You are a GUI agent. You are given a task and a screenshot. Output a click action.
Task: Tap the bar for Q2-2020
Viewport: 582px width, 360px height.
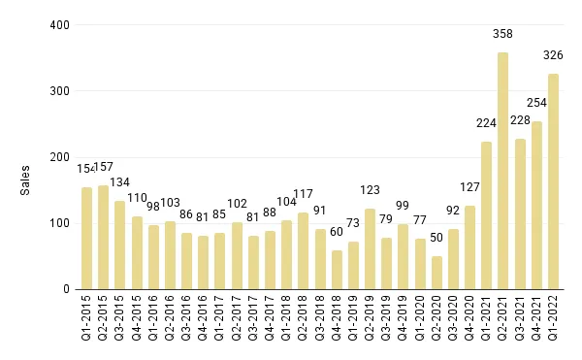[436, 273]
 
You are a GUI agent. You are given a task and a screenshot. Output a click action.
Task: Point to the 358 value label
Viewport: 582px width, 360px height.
[502, 34]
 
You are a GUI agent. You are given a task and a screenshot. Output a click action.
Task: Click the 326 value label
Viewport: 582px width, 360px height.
[553, 55]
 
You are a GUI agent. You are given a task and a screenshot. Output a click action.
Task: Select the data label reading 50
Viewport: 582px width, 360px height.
[436, 238]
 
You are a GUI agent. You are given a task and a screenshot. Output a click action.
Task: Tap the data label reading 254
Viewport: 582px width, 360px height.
[536, 103]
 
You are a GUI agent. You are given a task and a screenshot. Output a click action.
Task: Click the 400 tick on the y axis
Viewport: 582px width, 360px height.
[60, 24]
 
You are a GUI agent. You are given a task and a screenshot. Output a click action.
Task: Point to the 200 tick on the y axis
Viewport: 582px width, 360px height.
[60, 157]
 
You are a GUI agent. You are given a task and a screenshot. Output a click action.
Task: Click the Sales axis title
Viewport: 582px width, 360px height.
[26, 180]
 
